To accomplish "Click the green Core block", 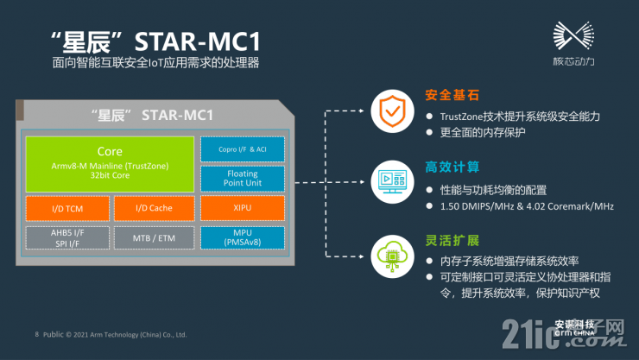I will click(x=110, y=162).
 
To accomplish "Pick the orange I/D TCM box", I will click(x=67, y=207).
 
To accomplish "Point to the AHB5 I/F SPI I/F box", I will click(x=67, y=237).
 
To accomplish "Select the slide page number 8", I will click(x=36, y=332).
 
